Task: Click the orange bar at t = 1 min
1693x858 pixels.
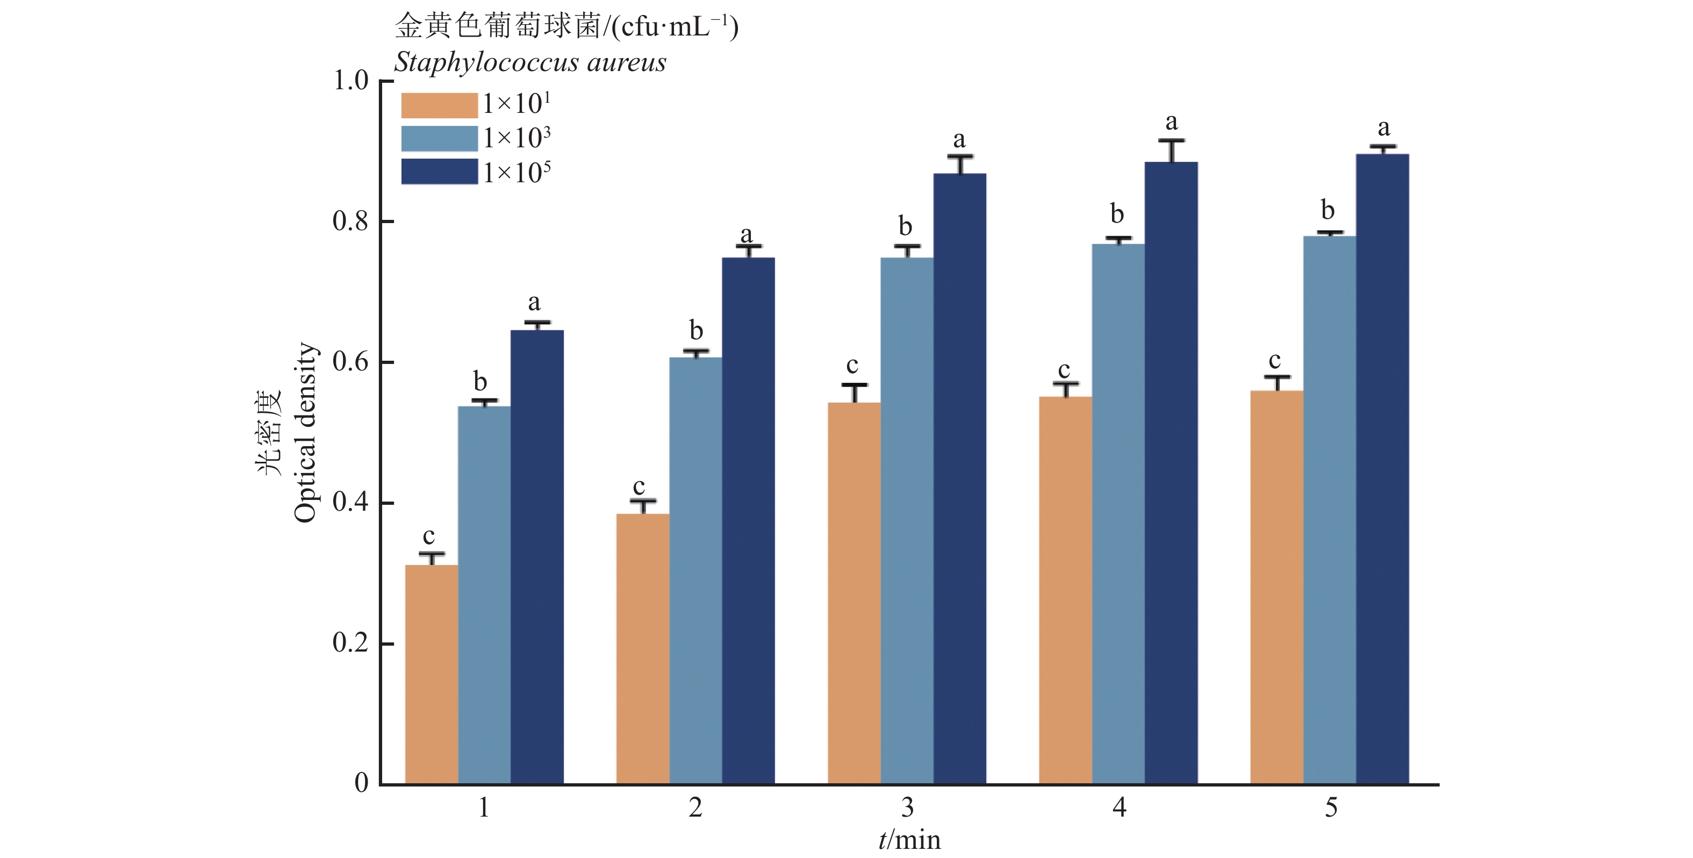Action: coord(431,674)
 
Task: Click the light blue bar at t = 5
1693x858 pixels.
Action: coord(1330,510)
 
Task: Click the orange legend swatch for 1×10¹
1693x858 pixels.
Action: coord(439,105)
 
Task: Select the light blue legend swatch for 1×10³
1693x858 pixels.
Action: coord(439,139)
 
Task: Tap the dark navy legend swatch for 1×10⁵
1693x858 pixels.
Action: coord(439,171)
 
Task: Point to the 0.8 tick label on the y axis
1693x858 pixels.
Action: coord(351,221)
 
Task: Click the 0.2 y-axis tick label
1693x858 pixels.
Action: coord(351,643)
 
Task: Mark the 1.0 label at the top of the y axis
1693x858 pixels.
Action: coord(351,81)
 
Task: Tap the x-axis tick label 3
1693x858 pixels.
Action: coord(907,807)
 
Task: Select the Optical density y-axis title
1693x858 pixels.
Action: coord(305,433)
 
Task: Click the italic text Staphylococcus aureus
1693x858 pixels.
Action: coord(530,62)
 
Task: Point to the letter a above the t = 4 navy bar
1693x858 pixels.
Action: coord(1171,121)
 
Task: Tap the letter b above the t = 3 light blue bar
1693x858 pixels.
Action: coord(906,226)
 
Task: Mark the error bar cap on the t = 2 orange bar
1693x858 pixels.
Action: coord(643,502)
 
